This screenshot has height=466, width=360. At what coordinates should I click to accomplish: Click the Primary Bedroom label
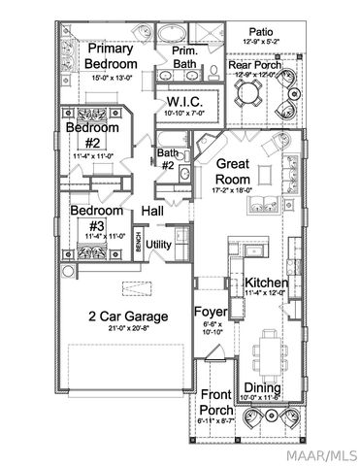point(111,56)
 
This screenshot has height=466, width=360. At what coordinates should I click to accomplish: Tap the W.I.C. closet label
point(184,102)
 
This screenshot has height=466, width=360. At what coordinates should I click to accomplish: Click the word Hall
point(151,211)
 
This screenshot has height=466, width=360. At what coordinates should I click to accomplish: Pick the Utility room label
point(159,244)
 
